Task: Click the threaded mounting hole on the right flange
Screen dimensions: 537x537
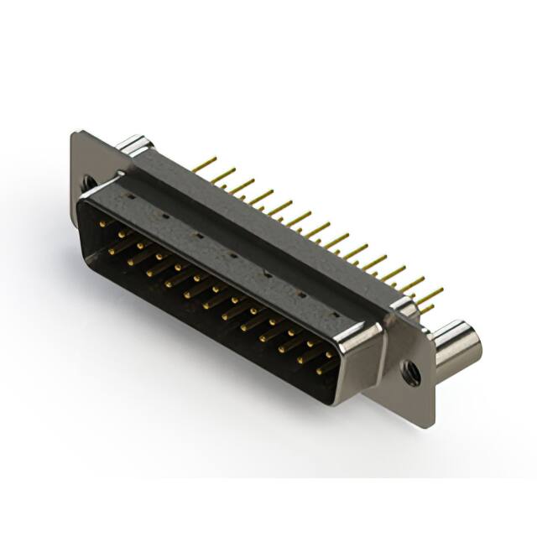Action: pyautogui.click(x=411, y=373)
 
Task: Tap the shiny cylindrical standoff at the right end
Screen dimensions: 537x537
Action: pyautogui.click(x=458, y=345)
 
